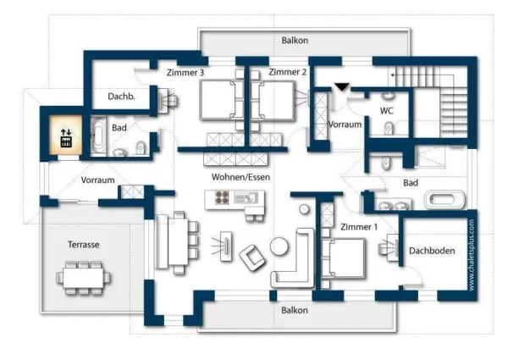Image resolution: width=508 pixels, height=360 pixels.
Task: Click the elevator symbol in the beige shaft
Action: tap(66, 138)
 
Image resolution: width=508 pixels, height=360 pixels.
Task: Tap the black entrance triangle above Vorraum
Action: tap(342, 87)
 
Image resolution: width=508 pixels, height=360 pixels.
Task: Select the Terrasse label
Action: tap(84, 244)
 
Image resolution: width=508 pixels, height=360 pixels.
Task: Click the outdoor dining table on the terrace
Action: tap(83, 278)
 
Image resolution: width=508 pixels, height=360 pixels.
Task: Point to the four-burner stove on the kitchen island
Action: tap(222, 197)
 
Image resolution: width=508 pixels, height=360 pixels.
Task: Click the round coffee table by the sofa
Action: tap(279, 246)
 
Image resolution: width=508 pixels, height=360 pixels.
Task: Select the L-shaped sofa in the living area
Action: tap(293, 258)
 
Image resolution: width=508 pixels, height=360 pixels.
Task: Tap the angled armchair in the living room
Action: tap(252, 258)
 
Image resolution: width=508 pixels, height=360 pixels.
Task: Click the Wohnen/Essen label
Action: tap(240, 177)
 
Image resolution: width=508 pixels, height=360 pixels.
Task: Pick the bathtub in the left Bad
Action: tap(98, 136)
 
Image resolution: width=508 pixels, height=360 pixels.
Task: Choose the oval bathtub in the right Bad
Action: tap(444, 200)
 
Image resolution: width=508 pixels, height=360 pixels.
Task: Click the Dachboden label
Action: tap(432, 251)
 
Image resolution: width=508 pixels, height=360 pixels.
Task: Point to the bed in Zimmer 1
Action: tap(344, 258)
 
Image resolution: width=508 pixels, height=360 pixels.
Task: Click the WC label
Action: tap(387, 111)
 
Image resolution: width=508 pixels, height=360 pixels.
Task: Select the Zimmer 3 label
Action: tap(185, 73)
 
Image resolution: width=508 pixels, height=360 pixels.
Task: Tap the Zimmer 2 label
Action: tap(287, 72)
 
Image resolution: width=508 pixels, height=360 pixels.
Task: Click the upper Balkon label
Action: tap(295, 41)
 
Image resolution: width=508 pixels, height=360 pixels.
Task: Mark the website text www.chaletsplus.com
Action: tap(472, 255)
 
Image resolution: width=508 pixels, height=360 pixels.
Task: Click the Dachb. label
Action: tap(121, 97)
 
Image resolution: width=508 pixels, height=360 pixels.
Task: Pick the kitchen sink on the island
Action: tap(246, 197)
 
